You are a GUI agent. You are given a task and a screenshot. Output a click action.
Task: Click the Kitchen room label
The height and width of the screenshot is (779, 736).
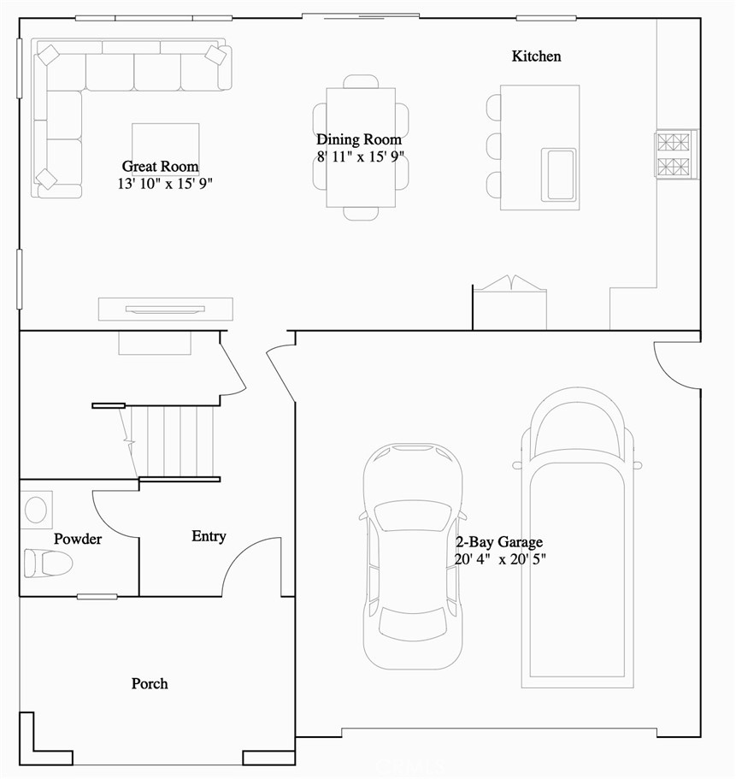tap(536, 56)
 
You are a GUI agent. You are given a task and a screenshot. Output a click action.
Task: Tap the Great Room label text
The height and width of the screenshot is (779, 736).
tap(160, 167)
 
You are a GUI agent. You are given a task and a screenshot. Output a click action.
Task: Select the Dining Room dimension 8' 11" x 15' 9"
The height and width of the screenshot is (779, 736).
tap(359, 157)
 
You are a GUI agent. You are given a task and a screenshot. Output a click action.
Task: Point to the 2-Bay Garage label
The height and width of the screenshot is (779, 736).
tap(498, 542)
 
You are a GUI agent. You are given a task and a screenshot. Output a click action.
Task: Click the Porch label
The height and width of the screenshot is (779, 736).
tap(150, 684)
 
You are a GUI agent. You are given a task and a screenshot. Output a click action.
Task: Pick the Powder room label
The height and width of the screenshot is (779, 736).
tap(78, 539)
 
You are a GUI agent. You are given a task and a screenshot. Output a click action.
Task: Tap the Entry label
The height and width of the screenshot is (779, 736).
tap(209, 536)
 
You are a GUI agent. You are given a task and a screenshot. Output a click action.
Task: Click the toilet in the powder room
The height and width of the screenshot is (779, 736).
tap(46, 563)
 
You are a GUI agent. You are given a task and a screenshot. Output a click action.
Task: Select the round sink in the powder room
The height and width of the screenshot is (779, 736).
tap(36, 510)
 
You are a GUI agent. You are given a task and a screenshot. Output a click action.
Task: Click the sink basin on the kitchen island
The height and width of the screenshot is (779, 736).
tap(560, 174)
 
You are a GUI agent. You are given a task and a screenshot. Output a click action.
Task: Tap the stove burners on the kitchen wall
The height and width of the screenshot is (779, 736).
tap(676, 154)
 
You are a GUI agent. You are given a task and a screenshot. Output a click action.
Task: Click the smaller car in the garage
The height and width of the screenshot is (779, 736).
tap(413, 556)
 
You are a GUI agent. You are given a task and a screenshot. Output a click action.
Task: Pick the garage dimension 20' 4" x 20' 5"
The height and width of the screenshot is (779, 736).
tap(500, 560)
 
